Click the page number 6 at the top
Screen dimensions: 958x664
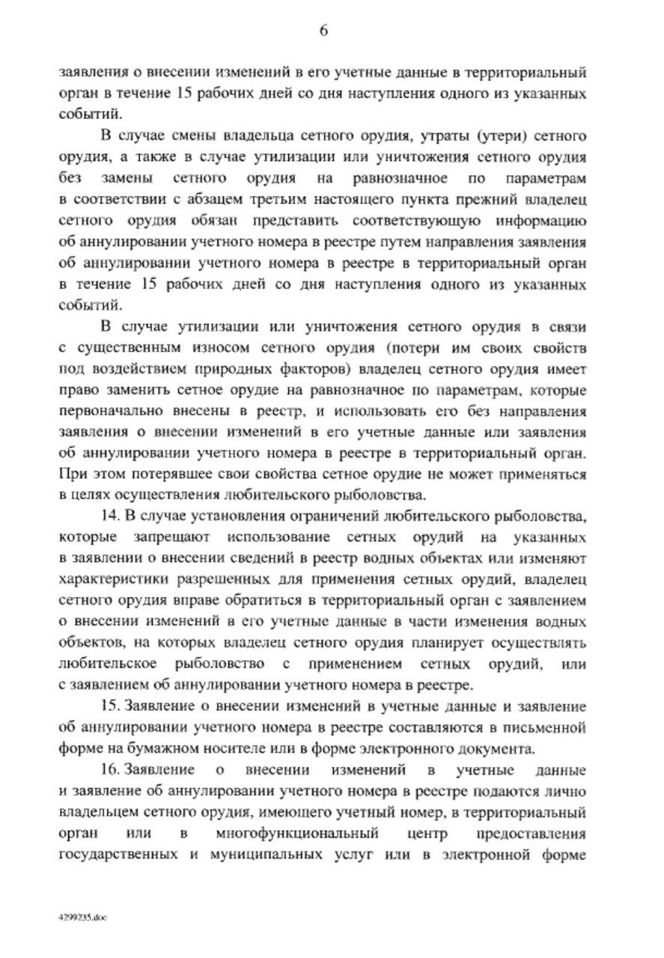[x=324, y=31]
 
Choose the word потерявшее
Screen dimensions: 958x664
[x=155, y=475]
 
